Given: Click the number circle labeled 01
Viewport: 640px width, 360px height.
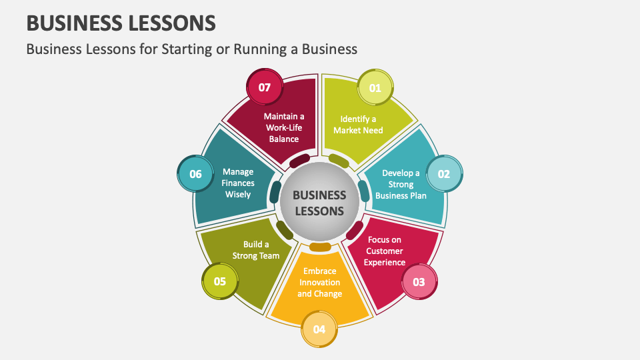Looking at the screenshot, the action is tap(375, 87).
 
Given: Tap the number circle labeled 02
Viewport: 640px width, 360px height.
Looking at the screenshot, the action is tap(443, 174).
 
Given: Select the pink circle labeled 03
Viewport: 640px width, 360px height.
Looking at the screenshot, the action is tap(419, 282).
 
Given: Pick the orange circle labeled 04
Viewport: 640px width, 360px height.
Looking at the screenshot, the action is tap(319, 329).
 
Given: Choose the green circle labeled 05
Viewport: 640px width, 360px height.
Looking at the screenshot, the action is tap(220, 281).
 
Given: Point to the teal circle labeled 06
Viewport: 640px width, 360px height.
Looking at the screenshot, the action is tap(195, 174).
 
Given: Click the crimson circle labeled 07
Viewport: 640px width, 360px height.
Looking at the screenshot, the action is tap(265, 87).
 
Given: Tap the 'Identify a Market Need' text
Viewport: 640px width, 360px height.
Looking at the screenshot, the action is tap(358, 125).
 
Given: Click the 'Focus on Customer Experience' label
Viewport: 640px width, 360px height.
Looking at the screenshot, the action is tap(385, 251).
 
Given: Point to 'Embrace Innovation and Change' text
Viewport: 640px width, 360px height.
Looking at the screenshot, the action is tap(319, 282).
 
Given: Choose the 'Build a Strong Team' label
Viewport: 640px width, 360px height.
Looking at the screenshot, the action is tap(256, 250).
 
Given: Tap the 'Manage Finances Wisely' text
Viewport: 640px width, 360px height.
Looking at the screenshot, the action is tap(238, 183).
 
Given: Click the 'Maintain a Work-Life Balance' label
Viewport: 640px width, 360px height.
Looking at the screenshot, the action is tap(283, 127).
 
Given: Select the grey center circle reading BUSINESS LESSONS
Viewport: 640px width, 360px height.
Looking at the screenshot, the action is tap(319, 203).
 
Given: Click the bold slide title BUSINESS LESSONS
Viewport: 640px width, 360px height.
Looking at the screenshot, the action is tap(121, 23).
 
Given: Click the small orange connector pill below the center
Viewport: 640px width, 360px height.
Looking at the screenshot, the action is tap(320, 247).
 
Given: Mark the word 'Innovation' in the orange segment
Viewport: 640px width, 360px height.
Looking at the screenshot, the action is tap(319, 282).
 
